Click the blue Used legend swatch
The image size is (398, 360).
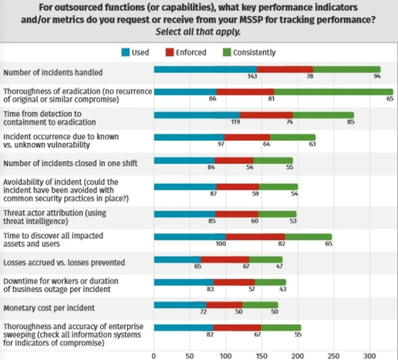click(x=125, y=52)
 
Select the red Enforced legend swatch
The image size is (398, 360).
click(x=169, y=52)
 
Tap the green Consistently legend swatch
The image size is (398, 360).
click(x=227, y=52)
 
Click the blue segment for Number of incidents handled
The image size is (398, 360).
click(x=205, y=69)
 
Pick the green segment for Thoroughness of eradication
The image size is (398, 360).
click(x=333, y=91)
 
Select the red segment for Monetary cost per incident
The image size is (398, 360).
click(x=224, y=305)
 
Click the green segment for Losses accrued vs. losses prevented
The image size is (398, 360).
click(x=266, y=259)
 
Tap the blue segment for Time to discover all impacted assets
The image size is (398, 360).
click(x=189, y=236)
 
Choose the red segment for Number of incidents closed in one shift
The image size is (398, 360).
click(x=233, y=160)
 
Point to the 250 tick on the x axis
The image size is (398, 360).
click(x=334, y=355)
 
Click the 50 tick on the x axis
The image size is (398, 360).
click(x=190, y=355)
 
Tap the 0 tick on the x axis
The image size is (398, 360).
click(x=154, y=355)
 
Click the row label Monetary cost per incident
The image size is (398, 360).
click(x=49, y=308)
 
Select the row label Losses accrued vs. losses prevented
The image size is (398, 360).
click(x=64, y=262)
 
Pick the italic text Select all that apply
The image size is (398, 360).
click(x=199, y=31)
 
